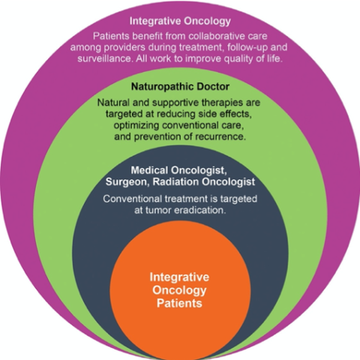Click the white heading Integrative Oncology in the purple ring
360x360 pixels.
[x=180, y=22]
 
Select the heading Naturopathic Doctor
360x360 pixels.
[x=180, y=87]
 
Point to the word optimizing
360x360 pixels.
[x=136, y=125]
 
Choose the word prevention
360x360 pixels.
[x=157, y=137]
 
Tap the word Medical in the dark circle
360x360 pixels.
[x=149, y=170]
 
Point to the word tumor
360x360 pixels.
[x=158, y=211]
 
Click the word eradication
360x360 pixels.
[x=200, y=211]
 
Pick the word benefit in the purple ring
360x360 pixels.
[x=148, y=36]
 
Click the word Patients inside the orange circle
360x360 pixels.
[x=179, y=303]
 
